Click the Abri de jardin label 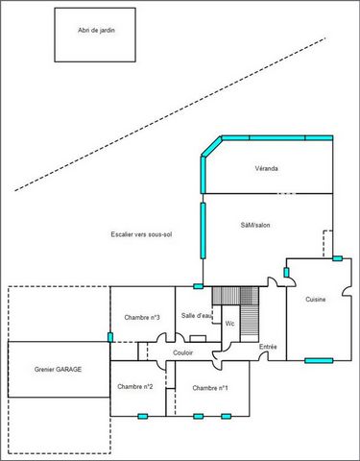[x=96, y=31]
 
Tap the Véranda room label [x=266, y=168]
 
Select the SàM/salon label [x=255, y=225]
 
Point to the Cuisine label [x=316, y=300]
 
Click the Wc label [x=229, y=324]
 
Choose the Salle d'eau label [x=197, y=316]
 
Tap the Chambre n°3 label [x=142, y=318]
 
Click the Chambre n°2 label [x=135, y=387]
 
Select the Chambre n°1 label [x=210, y=388]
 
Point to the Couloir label [x=182, y=352]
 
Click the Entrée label [x=268, y=347]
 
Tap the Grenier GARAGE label [x=58, y=370]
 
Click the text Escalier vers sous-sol [x=141, y=234]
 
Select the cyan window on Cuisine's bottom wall [x=319, y=361]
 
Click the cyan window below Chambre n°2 [x=143, y=416]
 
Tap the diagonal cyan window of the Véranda [x=211, y=146]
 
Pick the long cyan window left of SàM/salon [x=203, y=230]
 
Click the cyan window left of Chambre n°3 [x=110, y=337]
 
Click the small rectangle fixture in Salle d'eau [x=198, y=339]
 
